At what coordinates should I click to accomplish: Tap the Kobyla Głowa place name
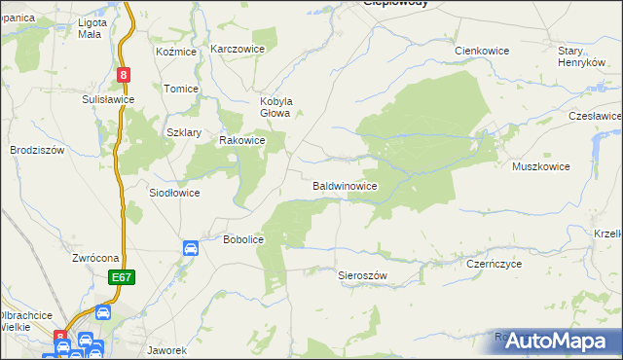pos(275,106)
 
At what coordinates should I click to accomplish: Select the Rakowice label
pos(242,140)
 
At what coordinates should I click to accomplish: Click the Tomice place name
pos(181,89)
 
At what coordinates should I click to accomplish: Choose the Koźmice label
pos(176,51)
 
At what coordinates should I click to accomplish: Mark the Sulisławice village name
pos(108,99)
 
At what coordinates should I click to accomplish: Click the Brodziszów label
pos(37,150)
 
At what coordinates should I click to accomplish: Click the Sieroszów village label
pos(362,275)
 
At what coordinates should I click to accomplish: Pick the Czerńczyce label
pos(495,264)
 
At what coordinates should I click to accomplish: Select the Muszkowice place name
pos(541,166)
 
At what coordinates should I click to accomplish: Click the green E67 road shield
pos(122,278)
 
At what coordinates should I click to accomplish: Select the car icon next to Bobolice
pos(191,249)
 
